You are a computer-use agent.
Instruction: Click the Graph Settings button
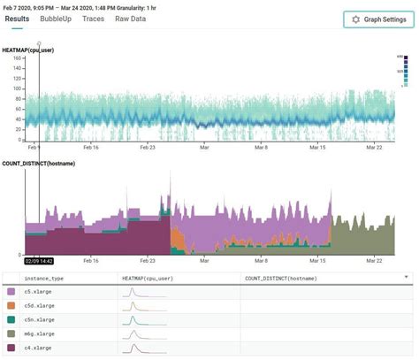[377, 19]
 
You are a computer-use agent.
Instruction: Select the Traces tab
[92, 19]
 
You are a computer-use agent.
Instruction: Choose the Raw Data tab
[131, 19]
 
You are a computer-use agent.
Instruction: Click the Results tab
[17, 19]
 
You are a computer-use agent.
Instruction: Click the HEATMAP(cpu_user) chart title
[28, 50]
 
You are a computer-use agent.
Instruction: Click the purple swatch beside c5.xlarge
[11, 291]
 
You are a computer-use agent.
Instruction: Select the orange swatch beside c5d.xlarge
[11, 305]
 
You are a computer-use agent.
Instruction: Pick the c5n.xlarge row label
[39, 319]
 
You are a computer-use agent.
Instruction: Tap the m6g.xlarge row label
[39, 333]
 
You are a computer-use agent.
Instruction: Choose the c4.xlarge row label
[37, 348]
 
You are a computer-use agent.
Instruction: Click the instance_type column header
[42, 278]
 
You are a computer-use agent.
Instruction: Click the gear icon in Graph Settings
[355, 19]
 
